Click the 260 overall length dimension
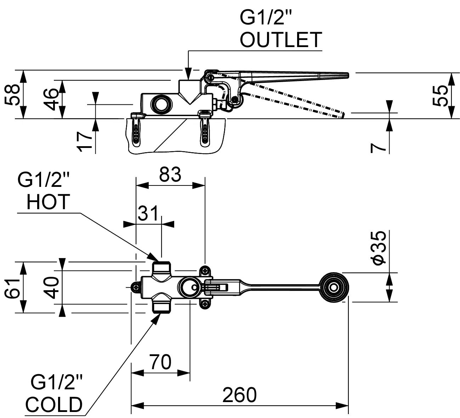239,395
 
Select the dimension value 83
170,174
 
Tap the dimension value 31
148,214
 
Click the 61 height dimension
12,287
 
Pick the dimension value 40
52,287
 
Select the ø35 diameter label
378,248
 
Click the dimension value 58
12,95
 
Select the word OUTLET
281,40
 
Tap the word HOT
49,202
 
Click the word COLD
54,405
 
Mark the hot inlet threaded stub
162,267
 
